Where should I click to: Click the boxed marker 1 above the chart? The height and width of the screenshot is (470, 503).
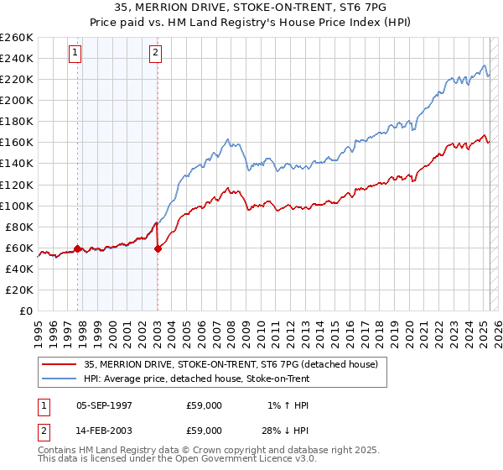click(75, 53)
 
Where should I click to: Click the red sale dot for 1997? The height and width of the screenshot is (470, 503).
click(78, 248)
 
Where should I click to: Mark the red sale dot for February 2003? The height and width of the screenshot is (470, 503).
click(158, 248)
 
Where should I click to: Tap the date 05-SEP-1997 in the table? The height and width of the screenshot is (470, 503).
click(104, 405)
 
